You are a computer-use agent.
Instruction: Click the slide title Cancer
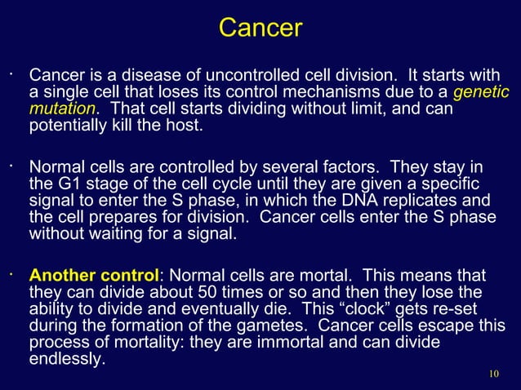click(x=260, y=28)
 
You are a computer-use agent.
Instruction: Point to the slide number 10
click(x=492, y=374)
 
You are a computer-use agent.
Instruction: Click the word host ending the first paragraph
click(x=184, y=127)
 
